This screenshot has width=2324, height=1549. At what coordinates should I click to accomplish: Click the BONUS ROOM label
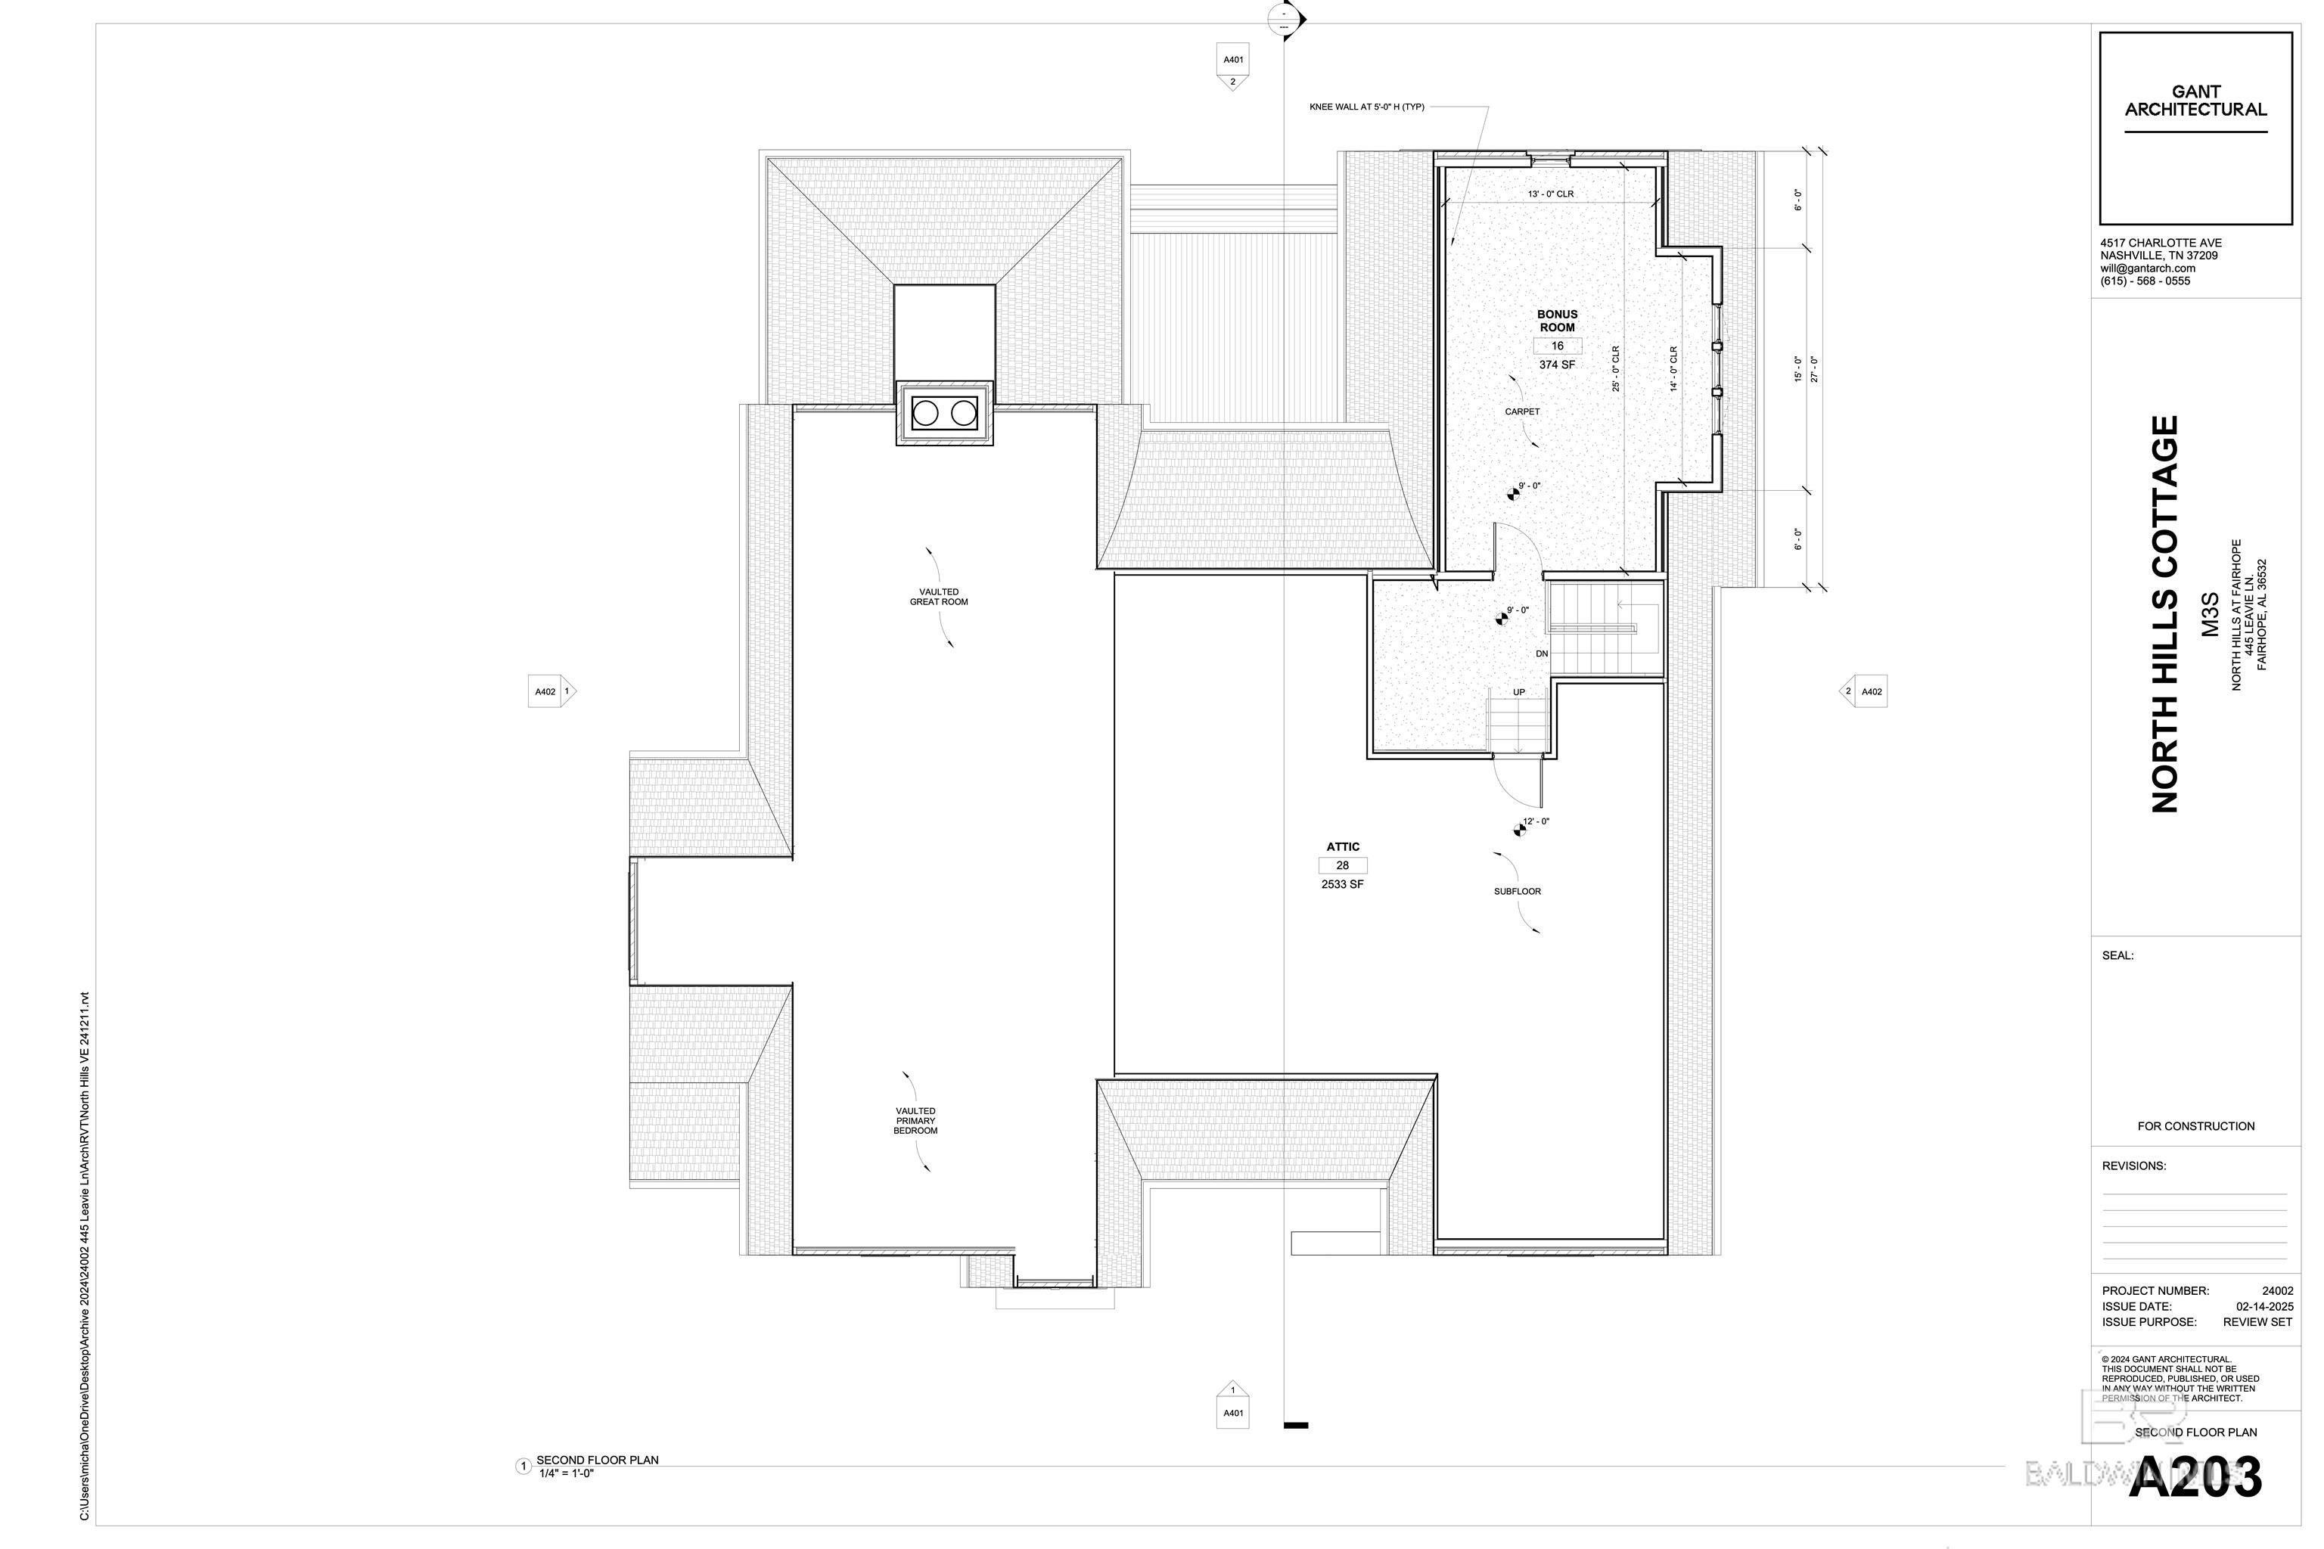click(1556, 321)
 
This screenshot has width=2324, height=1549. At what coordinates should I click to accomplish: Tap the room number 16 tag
click(1557, 346)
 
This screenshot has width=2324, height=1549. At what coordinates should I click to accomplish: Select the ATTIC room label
click(1343, 846)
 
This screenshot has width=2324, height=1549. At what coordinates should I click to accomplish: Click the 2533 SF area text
click(1342, 884)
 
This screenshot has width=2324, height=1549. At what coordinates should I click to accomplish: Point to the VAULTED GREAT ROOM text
click(939, 597)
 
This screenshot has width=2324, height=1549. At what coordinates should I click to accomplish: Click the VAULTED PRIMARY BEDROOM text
click(916, 1120)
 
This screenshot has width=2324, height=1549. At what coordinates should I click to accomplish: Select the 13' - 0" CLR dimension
click(1550, 194)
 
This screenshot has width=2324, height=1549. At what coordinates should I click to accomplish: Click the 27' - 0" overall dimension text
click(1814, 369)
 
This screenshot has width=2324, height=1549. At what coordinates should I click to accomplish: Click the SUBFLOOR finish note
click(1517, 891)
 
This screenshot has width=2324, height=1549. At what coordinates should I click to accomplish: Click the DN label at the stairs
click(1542, 654)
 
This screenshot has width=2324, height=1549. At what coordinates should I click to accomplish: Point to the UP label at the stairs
click(1519, 693)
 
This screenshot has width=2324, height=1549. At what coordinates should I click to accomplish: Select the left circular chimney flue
click(925, 413)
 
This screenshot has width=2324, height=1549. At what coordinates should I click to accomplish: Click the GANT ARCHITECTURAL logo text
click(2195, 101)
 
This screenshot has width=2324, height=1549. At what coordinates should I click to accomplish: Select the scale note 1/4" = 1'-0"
click(565, 1473)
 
